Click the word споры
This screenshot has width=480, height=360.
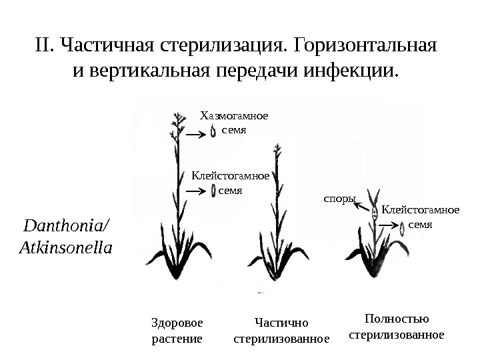(340, 198)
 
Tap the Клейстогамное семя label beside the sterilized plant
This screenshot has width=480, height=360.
(420, 217)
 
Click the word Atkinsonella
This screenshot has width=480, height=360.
(67, 247)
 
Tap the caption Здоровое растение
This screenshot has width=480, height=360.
(176, 330)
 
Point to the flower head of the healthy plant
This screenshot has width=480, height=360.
(178, 121)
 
